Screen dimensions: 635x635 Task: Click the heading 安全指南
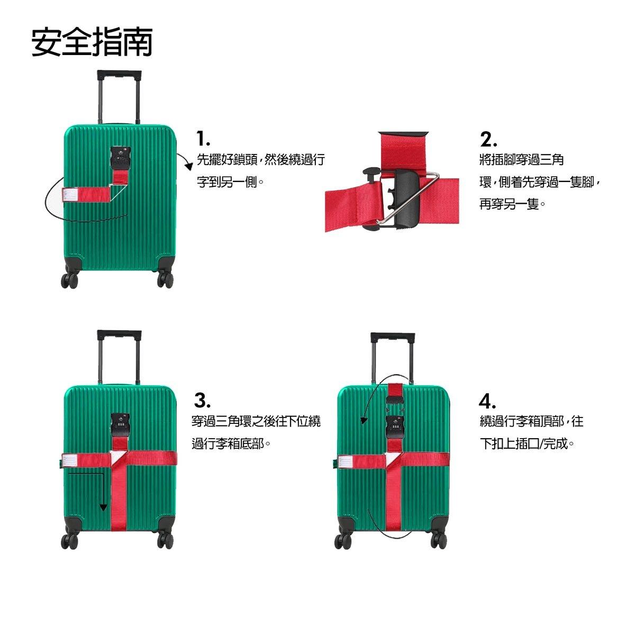[x=92, y=42]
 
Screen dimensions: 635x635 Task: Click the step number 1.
[x=203, y=139]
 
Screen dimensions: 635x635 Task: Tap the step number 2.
[x=488, y=139]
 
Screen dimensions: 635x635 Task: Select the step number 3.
[x=202, y=401]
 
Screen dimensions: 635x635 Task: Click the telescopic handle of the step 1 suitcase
[x=119, y=97]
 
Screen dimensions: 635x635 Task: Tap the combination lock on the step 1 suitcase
[x=121, y=159]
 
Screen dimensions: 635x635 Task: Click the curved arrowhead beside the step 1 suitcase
[x=189, y=166]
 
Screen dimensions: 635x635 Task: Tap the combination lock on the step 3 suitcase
[x=121, y=425]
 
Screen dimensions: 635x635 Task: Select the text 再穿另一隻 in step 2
[x=509, y=204]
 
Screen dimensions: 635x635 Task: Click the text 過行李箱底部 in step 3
[x=228, y=443]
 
